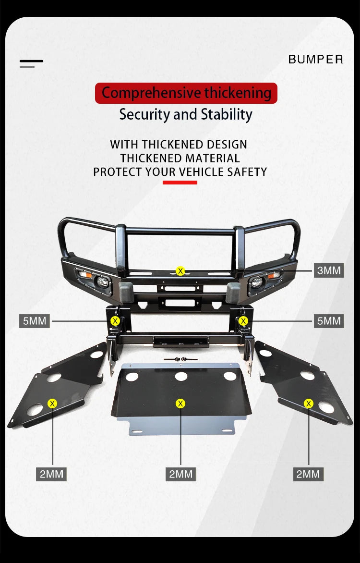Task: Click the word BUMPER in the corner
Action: pyautogui.click(x=315, y=59)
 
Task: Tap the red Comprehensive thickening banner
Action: pyautogui.click(x=186, y=93)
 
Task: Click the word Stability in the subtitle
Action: pyautogui.click(x=227, y=114)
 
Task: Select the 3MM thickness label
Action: pyautogui.click(x=329, y=270)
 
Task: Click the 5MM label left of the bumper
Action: pyautogui.click(x=35, y=320)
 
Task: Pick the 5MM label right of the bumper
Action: pyautogui.click(x=329, y=320)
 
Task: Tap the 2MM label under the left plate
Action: pyautogui.click(x=51, y=474)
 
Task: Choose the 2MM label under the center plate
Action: pyautogui.click(x=180, y=474)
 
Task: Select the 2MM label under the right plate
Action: pyautogui.click(x=308, y=474)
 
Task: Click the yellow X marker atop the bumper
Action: pyautogui.click(x=180, y=271)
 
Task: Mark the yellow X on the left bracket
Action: pyautogui.click(x=115, y=321)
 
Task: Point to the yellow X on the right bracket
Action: pyautogui.click(x=243, y=321)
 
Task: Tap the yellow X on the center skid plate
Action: pyautogui.click(x=180, y=404)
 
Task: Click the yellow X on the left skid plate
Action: pyautogui.click(x=52, y=404)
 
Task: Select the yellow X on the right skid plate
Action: pyautogui.click(x=308, y=404)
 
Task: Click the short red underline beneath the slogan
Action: pyautogui.click(x=180, y=183)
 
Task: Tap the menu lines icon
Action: pyautogui.click(x=31, y=64)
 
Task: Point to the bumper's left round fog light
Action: pyautogui.click(x=102, y=282)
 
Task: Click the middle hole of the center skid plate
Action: pyautogui.click(x=181, y=376)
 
